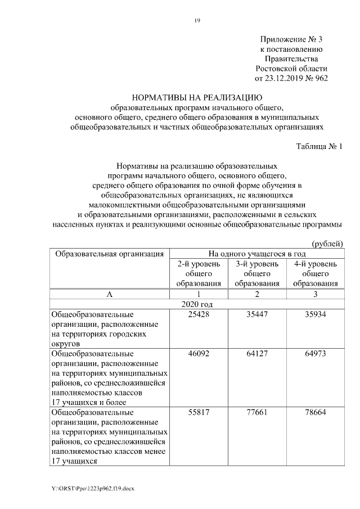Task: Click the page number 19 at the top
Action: click(x=197, y=21)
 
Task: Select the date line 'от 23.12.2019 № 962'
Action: click(x=291, y=78)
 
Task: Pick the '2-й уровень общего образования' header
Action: click(x=198, y=273)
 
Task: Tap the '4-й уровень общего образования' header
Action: click(x=315, y=273)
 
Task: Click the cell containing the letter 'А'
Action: click(x=109, y=294)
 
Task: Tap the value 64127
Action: click(x=256, y=354)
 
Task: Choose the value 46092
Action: click(x=198, y=354)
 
